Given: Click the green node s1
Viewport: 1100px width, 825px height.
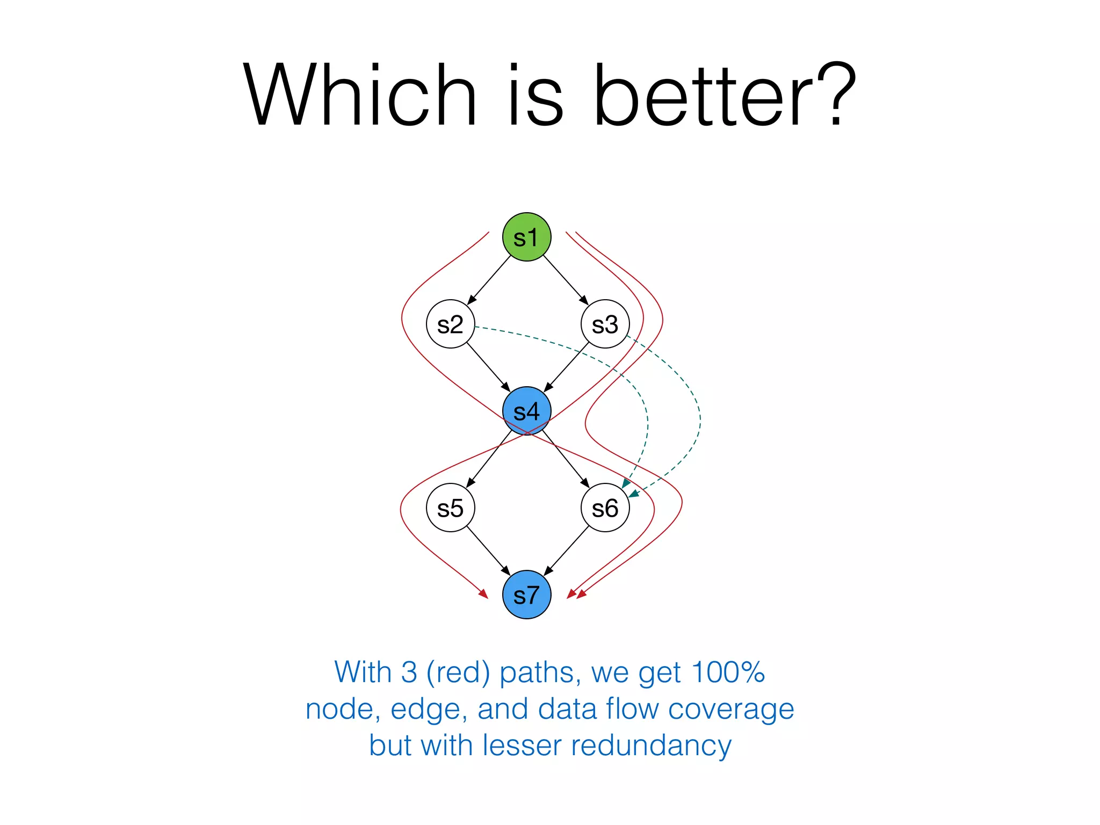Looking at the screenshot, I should pos(526,237).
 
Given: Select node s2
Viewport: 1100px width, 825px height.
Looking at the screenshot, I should pos(450,324).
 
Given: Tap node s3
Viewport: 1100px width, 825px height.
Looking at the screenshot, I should pos(605,324).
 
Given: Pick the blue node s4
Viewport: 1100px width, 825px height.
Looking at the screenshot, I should pos(526,411).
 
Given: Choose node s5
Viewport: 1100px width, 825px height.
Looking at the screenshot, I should pos(450,508).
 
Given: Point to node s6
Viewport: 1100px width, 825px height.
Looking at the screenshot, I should pos(605,508).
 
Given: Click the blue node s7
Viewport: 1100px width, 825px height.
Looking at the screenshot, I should pos(526,595).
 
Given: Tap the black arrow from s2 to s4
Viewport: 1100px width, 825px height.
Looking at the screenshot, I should pos(488,367).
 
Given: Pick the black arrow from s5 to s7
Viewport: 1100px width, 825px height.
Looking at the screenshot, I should pos(488,551).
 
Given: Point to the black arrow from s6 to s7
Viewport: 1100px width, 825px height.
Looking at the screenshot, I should pos(567,551).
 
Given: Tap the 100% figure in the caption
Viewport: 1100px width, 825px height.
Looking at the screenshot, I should pos(728,672).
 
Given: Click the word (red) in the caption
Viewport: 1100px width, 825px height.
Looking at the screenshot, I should pos(458,672).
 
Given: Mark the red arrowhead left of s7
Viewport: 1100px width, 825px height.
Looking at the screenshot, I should pos(483,594).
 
